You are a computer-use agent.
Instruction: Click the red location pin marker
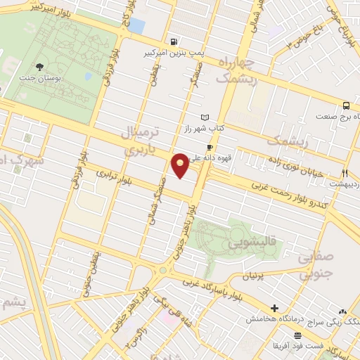coord(181,164)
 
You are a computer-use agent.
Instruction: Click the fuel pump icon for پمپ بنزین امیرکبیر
coord(174,41)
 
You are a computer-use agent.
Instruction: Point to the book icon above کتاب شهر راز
coord(205,117)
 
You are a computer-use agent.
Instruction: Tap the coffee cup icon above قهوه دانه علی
coord(209,147)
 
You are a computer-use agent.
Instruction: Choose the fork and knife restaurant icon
coord(345,173)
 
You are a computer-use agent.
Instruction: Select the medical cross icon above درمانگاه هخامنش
coord(274,308)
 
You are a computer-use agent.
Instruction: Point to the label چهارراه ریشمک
coord(242,71)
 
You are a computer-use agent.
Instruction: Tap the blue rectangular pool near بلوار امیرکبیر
coord(136,26)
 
